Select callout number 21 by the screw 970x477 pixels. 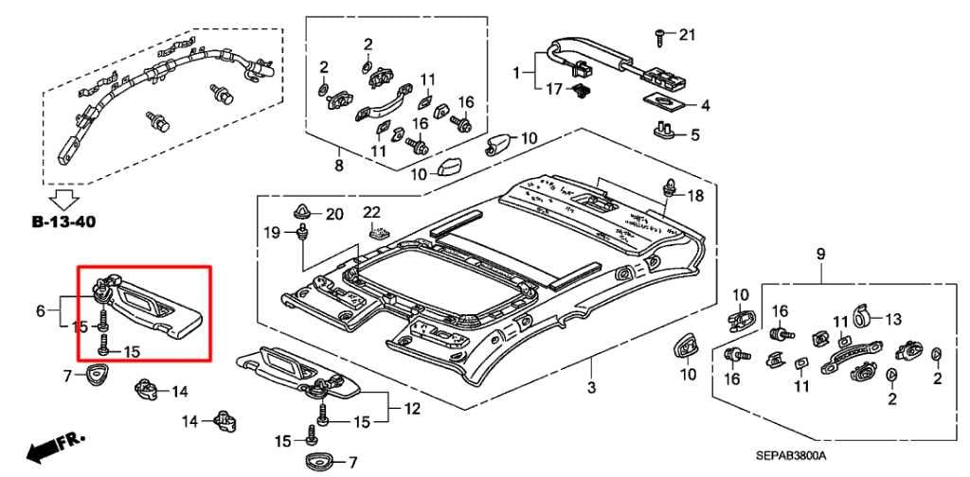687,36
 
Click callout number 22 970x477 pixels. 371,211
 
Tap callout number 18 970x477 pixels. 695,196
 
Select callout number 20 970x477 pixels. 333,214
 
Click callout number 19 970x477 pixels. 271,232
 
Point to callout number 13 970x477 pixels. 894,318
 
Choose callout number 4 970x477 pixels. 705,105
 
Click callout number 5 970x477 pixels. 694,135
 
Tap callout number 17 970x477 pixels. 553,89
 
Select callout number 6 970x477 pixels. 41,309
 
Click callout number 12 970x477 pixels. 411,410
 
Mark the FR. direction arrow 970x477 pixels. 54,449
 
